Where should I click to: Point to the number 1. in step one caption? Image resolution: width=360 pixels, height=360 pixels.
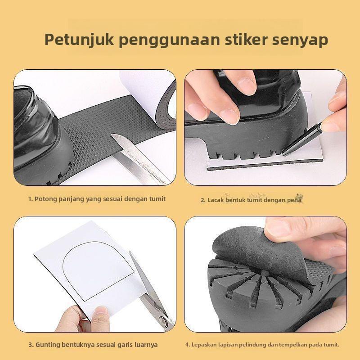[x=30, y=198]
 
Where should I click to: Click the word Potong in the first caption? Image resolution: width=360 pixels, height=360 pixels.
[x=45, y=198]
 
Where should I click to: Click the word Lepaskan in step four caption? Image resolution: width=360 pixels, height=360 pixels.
[x=204, y=345]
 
